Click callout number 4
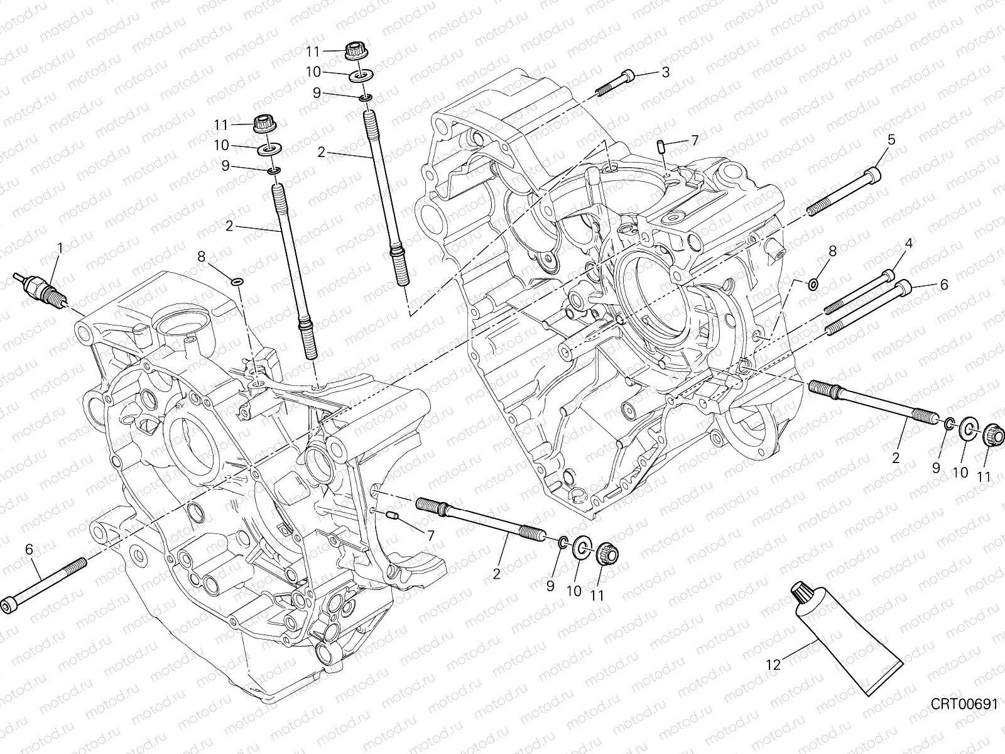pyautogui.click(x=908, y=243)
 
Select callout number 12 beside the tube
pyautogui.click(x=773, y=664)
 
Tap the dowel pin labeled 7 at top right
pyautogui.click(x=661, y=147)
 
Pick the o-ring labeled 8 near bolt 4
pyautogui.click(x=812, y=285)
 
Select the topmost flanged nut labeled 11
pyautogui.click(x=356, y=52)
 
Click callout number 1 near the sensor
pyautogui.click(x=60, y=248)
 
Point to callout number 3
pyautogui.click(x=665, y=72)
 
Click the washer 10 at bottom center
pyautogui.click(x=581, y=547)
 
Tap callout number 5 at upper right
pyautogui.click(x=891, y=139)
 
